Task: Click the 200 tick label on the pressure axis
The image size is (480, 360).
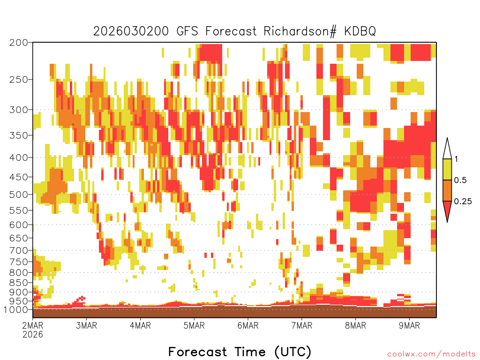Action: tap(18, 43)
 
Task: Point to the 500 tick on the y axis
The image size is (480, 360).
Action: tap(18, 195)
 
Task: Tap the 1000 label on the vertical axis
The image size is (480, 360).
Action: tap(16, 310)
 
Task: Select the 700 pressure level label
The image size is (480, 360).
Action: tap(18, 251)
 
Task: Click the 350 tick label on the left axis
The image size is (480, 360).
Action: tap(18, 135)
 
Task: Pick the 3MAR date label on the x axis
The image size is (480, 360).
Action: tap(87, 325)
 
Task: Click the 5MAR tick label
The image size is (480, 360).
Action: tap(194, 325)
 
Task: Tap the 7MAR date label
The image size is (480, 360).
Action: tap(302, 325)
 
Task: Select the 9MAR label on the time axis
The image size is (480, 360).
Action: tap(410, 325)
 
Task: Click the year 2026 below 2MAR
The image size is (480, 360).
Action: tap(33, 334)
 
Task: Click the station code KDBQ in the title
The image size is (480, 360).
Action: tap(360, 31)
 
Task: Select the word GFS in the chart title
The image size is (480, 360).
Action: tap(187, 31)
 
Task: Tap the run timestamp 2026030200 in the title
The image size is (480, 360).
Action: tap(131, 31)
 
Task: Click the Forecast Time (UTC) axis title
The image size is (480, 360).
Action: tap(240, 352)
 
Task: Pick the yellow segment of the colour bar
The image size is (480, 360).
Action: tap(447, 169)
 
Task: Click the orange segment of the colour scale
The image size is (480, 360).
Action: tap(447, 190)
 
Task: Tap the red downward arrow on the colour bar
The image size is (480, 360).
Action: tap(447, 210)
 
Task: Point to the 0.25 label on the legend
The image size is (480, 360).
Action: tap(463, 202)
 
